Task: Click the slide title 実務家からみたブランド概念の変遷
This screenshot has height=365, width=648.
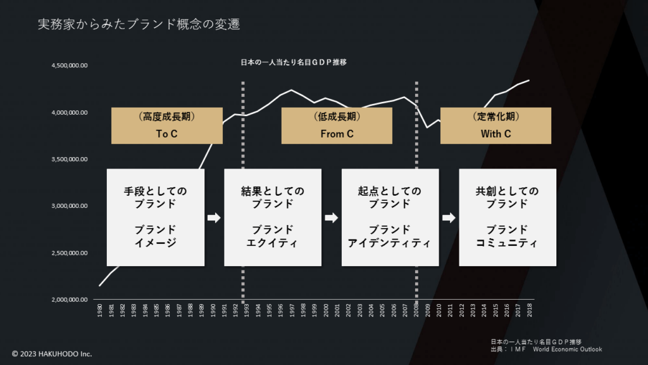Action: [x=139, y=25]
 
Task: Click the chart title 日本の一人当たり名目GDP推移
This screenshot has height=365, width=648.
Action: [x=294, y=63]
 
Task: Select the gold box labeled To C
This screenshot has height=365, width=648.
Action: [x=166, y=125]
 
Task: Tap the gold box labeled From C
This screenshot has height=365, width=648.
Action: [x=337, y=125]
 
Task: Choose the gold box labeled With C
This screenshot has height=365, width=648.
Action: [x=495, y=125]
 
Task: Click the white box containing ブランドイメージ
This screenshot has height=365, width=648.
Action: [x=156, y=217]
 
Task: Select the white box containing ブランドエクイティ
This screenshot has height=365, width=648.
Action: [x=273, y=217]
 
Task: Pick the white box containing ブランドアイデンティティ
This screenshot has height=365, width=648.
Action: [x=390, y=217]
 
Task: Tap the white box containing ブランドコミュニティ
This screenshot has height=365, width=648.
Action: [x=508, y=217]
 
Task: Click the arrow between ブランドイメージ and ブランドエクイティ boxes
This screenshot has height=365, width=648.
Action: [x=214, y=218]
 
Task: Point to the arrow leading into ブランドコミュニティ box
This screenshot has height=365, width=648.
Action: [x=449, y=218]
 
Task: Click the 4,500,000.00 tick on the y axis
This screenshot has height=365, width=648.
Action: [x=70, y=66]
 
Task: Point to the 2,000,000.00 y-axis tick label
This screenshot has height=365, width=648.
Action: [x=70, y=300]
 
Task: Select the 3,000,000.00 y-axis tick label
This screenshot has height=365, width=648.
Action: [x=70, y=206]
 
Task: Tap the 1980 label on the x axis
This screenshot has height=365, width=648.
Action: [x=100, y=311]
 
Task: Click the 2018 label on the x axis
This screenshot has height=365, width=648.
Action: [x=529, y=311]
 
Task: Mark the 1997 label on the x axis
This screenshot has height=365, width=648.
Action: [x=292, y=311]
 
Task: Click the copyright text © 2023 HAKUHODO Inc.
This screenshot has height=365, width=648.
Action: [x=52, y=353]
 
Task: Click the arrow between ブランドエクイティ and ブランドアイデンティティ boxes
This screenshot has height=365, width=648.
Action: [x=332, y=218]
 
